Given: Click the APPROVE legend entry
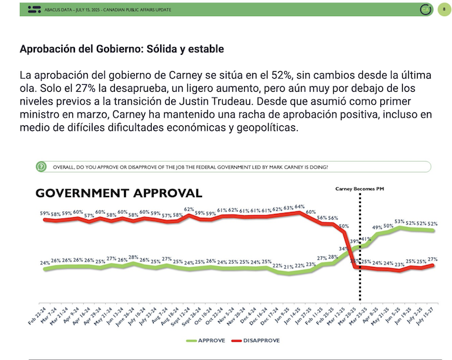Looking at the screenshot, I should click(x=209, y=340).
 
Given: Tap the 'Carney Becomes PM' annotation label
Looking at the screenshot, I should click(x=360, y=189).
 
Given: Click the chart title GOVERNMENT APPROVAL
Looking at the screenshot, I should click(x=118, y=193).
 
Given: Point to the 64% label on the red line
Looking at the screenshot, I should click(x=300, y=207).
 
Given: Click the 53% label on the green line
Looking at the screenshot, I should click(x=400, y=222).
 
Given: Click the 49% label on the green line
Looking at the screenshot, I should click(x=378, y=228).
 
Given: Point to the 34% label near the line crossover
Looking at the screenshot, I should click(x=344, y=248).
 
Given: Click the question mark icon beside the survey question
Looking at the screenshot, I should click(x=41, y=167).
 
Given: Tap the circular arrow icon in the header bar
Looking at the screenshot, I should click(x=425, y=10).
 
